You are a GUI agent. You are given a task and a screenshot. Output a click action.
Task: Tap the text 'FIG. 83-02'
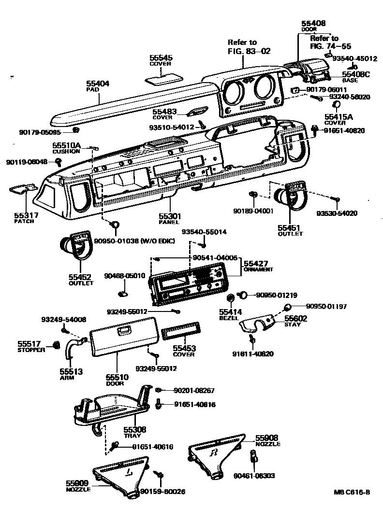pyautogui.click(x=249, y=51)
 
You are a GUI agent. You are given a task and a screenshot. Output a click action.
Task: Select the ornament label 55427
pyautogui.click(x=255, y=263)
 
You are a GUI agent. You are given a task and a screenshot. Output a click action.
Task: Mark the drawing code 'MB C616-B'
pyautogui.click(x=352, y=492)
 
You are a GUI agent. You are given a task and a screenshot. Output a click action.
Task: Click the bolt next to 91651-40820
pyautogui.click(x=315, y=129)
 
